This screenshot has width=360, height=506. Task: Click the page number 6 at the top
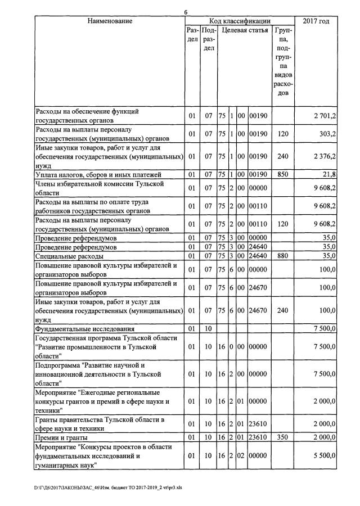click(185, 12)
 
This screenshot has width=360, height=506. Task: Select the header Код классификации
click(240, 21)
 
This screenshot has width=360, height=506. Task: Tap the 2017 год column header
click(316, 21)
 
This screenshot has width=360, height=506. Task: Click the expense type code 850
click(282, 174)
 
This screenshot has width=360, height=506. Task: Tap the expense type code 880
click(282, 256)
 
